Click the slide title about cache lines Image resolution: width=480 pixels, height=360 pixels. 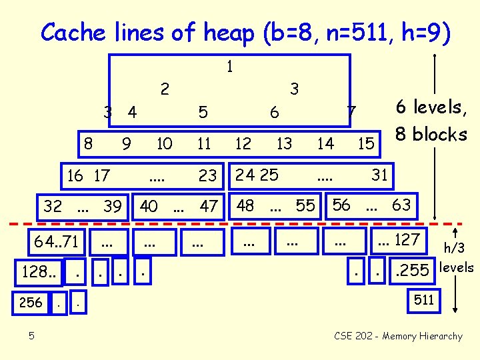point(245,32)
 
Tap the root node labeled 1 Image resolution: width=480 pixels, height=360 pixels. point(229,67)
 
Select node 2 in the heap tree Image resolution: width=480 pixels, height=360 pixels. point(165,88)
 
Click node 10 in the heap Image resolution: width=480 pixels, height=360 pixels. point(164,143)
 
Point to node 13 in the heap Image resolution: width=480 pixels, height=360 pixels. point(284,143)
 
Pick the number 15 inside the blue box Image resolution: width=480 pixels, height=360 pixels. point(365,143)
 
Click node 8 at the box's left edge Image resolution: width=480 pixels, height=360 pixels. point(87,142)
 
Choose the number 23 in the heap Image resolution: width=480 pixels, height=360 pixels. point(208,176)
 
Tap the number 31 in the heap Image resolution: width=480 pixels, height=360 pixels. point(379,175)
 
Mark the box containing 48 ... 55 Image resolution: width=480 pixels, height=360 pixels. point(276,206)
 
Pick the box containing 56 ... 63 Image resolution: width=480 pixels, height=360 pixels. point(373,205)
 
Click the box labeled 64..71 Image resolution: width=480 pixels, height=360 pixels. point(60,241)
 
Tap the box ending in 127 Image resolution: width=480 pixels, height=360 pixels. point(399,239)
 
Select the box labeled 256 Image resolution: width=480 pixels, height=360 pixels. point(30,303)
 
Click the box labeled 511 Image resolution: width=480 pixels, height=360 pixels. point(424,301)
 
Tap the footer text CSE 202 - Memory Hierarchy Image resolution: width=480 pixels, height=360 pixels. point(398,336)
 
